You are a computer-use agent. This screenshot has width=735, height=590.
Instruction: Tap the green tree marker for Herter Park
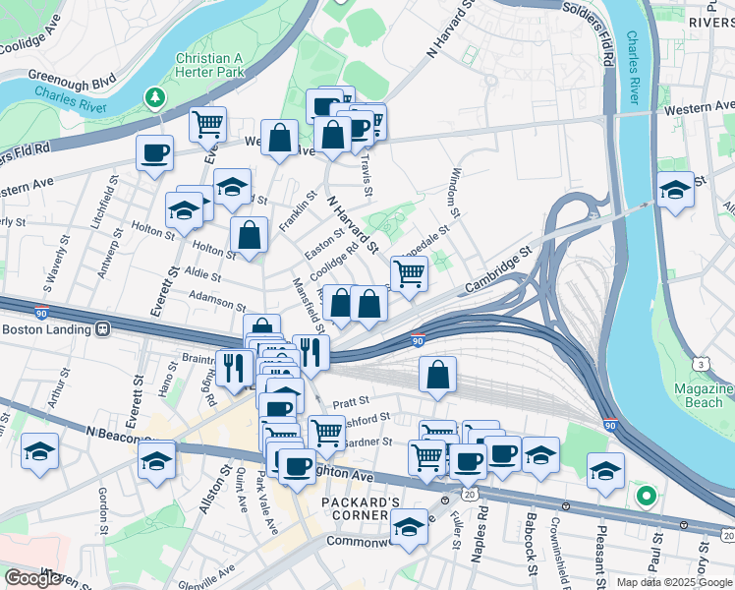pyautogui.click(x=154, y=96)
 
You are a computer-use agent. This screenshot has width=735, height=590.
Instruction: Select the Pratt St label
pyautogui.click(x=350, y=401)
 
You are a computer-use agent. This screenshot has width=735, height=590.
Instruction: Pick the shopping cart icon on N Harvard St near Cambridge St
pyautogui.click(x=409, y=274)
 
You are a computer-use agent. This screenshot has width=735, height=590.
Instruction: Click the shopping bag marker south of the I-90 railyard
pyautogui.click(x=437, y=374)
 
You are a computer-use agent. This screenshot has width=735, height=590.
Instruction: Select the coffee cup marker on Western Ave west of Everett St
pyautogui.click(x=155, y=152)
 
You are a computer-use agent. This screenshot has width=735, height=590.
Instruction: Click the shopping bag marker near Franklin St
pyautogui.click(x=250, y=235)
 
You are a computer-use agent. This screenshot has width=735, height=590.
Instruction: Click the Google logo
pyautogui.click(x=33, y=578)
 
